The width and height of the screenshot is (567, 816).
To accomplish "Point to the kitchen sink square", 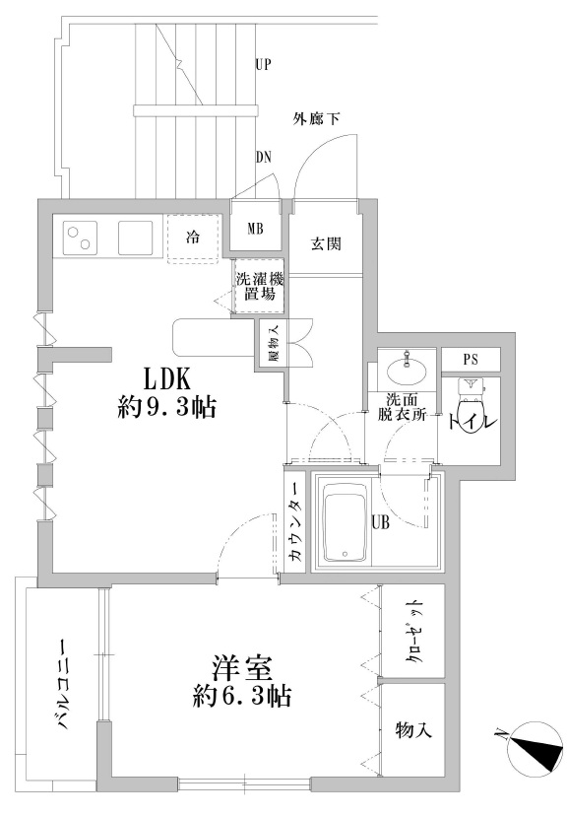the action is [135, 238].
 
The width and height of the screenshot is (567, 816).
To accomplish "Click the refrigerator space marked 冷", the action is [193, 238].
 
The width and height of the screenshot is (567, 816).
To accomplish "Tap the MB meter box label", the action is [255, 229].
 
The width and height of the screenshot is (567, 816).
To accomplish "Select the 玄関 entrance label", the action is [326, 244].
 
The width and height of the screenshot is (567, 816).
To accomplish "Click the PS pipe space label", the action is [470, 360].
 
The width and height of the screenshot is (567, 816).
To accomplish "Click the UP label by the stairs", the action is [264, 65].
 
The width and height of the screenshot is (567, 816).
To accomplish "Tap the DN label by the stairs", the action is [264, 157].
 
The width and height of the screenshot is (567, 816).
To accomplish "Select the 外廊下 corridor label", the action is [316, 119].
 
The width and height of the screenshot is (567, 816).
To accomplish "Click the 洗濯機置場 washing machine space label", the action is [260, 287].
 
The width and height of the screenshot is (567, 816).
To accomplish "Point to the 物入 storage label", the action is [413, 729].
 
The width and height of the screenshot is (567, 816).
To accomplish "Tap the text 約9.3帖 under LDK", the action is [166, 407].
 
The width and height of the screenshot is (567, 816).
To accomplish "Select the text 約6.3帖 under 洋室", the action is [241, 695].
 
